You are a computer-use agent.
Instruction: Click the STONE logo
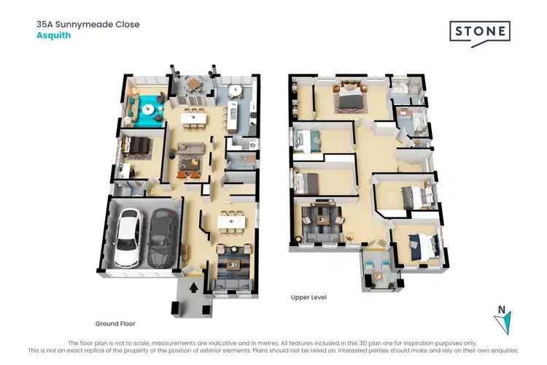click(478, 33)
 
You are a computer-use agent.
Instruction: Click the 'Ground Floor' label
click(115, 323)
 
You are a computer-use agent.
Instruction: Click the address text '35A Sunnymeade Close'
click(88, 24)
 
